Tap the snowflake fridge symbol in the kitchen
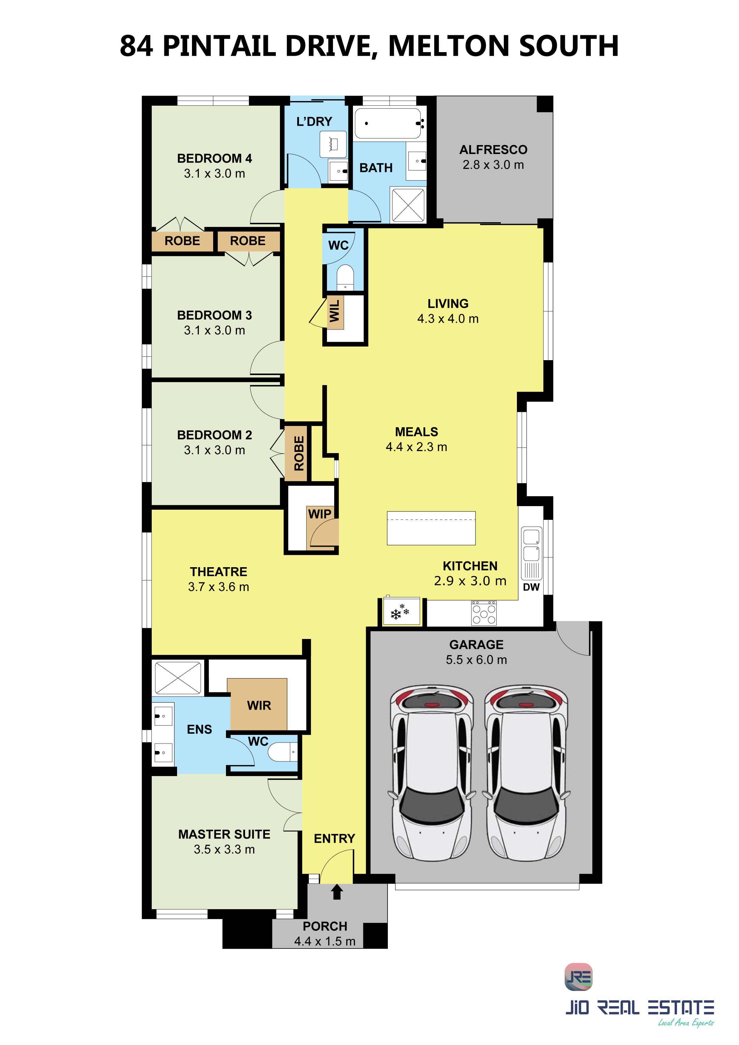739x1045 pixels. (400, 612)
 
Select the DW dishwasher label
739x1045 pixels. (531, 587)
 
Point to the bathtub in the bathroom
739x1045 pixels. (388, 123)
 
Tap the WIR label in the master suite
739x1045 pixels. (259, 705)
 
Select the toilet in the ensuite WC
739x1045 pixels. (282, 752)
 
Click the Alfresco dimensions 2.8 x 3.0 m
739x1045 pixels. (493, 165)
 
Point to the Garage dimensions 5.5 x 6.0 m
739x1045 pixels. (476, 660)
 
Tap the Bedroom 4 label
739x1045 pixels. (214, 158)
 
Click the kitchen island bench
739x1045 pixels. (431, 528)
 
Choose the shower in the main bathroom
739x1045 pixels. (408, 205)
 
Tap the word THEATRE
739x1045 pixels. (219, 572)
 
